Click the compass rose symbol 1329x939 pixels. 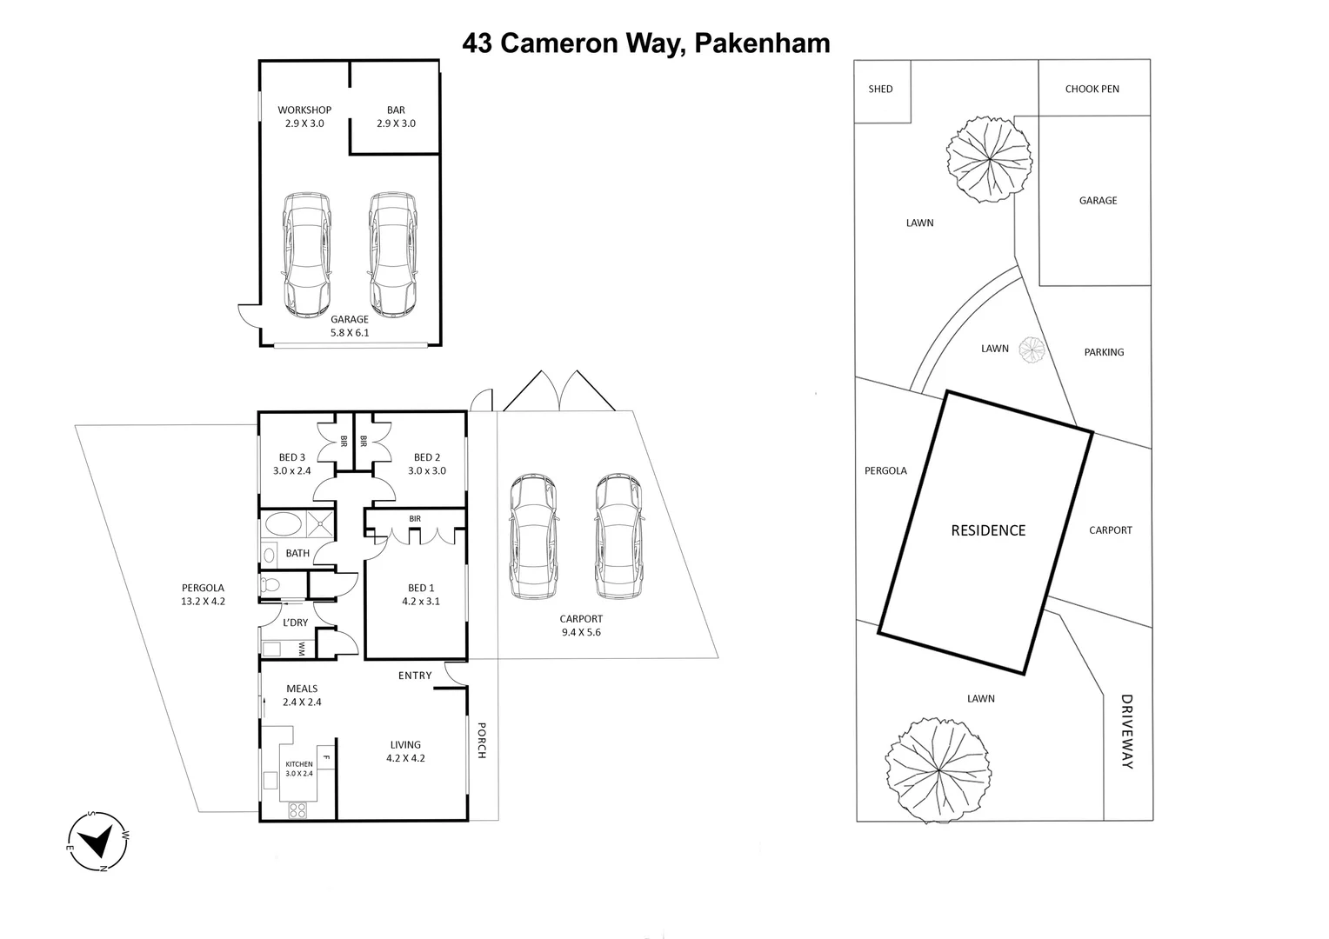pyautogui.click(x=98, y=841)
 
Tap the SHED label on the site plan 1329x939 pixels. pyautogui.click(x=880, y=89)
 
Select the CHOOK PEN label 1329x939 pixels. pyautogui.click(x=1092, y=89)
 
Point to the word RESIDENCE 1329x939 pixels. pyautogui.click(x=988, y=530)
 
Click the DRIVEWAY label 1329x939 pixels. pyautogui.click(x=1127, y=731)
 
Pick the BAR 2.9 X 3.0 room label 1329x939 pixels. pyautogui.click(x=396, y=117)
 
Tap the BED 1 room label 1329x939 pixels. pyautogui.click(x=421, y=595)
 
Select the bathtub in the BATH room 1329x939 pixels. pyautogui.click(x=284, y=524)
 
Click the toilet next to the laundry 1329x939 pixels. pyautogui.click(x=270, y=585)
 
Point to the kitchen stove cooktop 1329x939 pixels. pyautogui.click(x=297, y=810)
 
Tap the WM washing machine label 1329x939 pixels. pyautogui.click(x=302, y=649)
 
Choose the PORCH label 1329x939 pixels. pyautogui.click(x=481, y=740)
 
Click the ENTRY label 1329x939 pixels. pyautogui.click(x=415, y=676)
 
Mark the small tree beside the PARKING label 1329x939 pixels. pyautogui.click(x=1032, y=350)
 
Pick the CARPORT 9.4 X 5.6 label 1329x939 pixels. pyautogui.click(x=581, y=625)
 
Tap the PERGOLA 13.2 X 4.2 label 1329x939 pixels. pyautogui.click(x=203, y=594)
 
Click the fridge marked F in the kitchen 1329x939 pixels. pyautogui.click(x=326, y=756)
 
